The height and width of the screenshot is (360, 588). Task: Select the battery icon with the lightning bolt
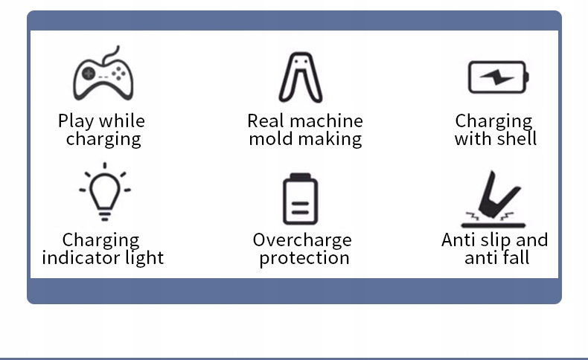pos(497,77)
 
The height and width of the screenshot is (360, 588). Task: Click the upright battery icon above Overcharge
pos(300,199)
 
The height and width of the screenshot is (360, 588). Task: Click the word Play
pos(76,121)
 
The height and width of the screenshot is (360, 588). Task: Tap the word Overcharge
pos(302,240)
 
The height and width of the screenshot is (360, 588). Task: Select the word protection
pos(304,258)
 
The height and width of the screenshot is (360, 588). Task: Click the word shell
pos(516,139)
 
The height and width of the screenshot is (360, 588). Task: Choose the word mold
pos(271,139)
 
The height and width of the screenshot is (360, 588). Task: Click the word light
pos(145,258)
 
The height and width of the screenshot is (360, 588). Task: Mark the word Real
pos(265,121)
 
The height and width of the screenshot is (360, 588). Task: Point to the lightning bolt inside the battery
pos(493,77)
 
